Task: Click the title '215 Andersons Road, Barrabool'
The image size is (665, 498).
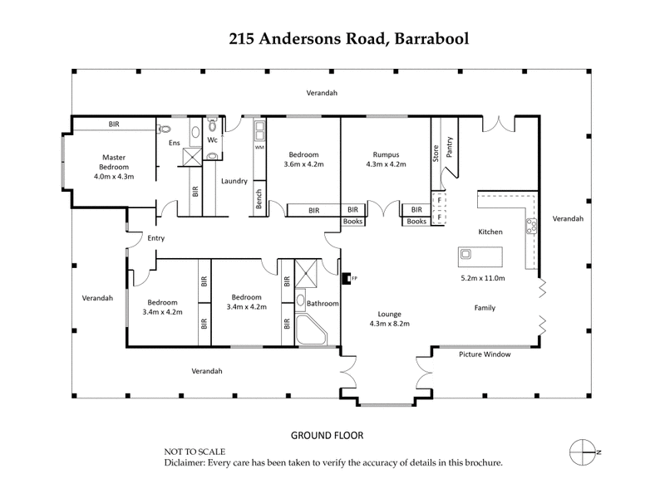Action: point(332,38)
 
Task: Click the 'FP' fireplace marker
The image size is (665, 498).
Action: point(353,278)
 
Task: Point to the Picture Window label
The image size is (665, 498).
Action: point(485,354)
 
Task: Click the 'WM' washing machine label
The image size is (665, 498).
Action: point(259,148)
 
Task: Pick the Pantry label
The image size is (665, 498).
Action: point(450,147)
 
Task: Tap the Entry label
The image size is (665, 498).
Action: point(155,238)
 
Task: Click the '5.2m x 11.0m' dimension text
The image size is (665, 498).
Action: point(483,278)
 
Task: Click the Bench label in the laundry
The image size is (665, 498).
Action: point(259,198)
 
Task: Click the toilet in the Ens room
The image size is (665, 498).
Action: point(164,129)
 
